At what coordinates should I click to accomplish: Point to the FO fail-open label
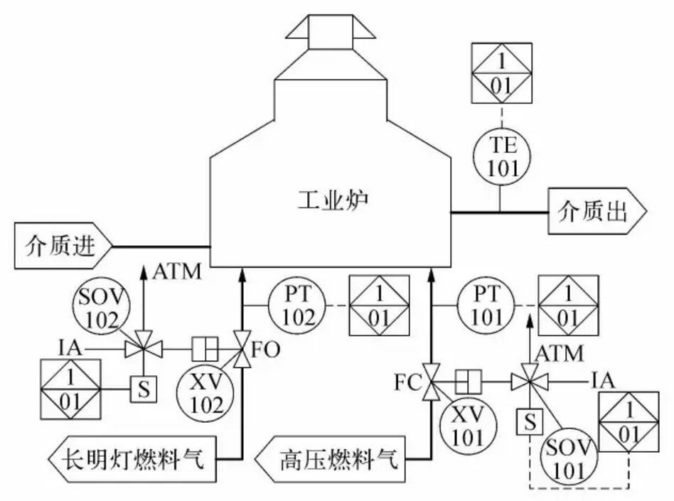click(267, 350)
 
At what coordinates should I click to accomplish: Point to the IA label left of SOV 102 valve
click(70, 348)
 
